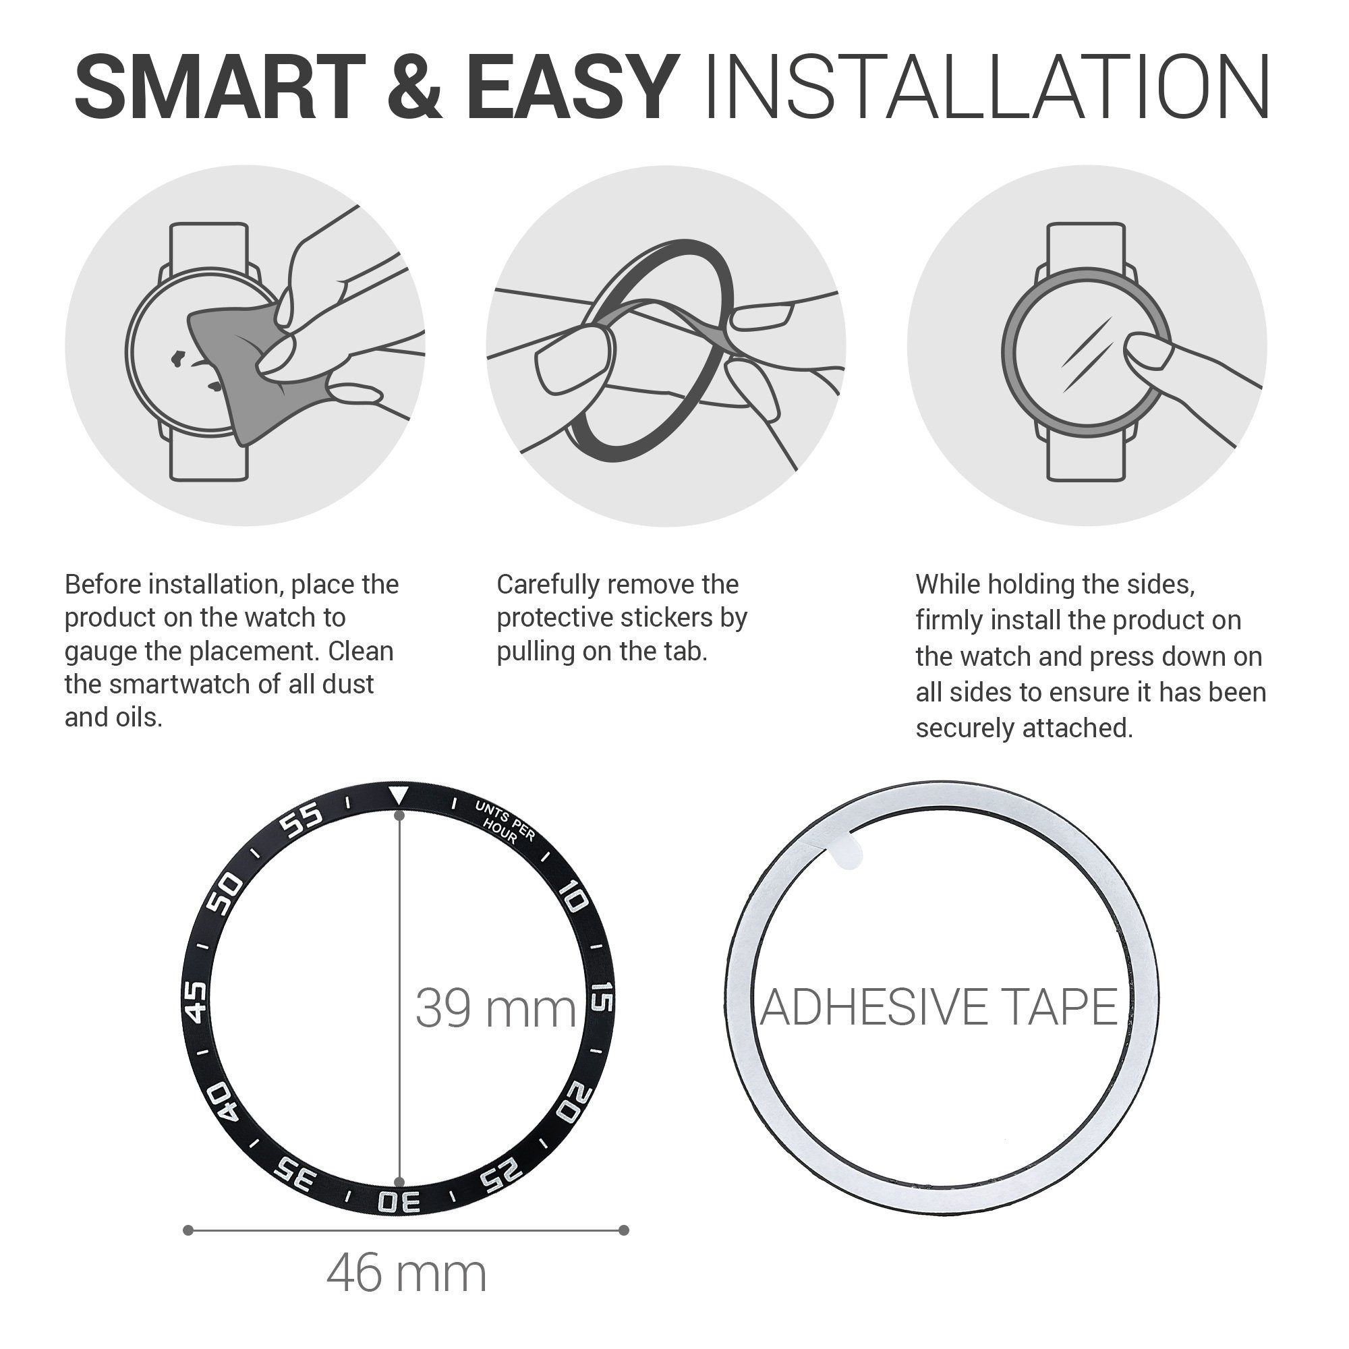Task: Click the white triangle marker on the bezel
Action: pyautogui.click(x=399, y=795)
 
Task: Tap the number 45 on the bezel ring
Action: pyautogui.click(x=196, y=1002)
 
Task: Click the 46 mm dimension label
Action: pyautogui.click(x=406, y=1273)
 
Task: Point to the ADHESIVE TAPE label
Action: pyautogui.click(x=939, y=1008)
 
